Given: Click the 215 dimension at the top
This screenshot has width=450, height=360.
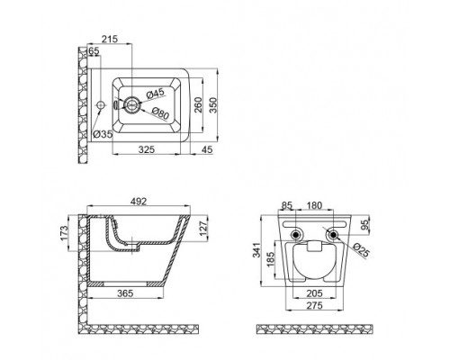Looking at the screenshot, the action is pos(110,39).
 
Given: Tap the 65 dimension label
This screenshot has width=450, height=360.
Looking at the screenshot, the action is pos(94,51).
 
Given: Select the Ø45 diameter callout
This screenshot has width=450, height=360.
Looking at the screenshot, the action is pos(156,94).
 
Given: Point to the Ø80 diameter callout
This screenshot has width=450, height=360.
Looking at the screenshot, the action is pos(161,113).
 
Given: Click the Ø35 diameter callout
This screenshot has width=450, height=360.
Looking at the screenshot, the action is pos(103,134).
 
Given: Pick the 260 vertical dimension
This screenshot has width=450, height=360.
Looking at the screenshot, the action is pos(198,104).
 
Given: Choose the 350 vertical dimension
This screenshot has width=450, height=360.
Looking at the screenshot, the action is pos(212,104).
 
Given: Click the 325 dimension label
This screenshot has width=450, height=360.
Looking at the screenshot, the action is pos(147,149).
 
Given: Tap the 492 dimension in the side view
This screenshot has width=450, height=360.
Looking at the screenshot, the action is pos(139,202).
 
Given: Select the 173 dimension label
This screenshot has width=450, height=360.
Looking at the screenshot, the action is pos(64,233).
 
